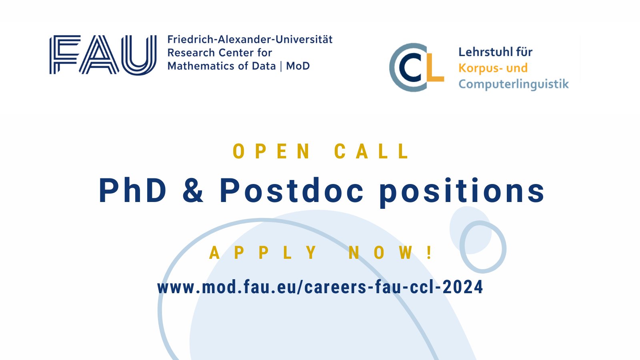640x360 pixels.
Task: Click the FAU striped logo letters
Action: coord(103,55)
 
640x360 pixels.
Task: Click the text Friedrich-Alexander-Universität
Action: coord(250,40)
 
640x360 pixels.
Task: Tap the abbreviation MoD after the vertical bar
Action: coord(298,66)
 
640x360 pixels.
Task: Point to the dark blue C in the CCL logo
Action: coord(411,68)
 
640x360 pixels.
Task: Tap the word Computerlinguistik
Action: coord(513,84)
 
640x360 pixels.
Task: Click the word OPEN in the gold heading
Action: coord(271,152)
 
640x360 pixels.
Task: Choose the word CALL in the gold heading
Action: coord(372,152)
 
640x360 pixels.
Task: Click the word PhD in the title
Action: coord(132,191)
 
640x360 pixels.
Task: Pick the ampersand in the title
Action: coord(193,191)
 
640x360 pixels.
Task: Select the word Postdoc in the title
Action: coord(292,191)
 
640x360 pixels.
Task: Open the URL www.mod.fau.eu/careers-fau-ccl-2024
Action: coord(320,287)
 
